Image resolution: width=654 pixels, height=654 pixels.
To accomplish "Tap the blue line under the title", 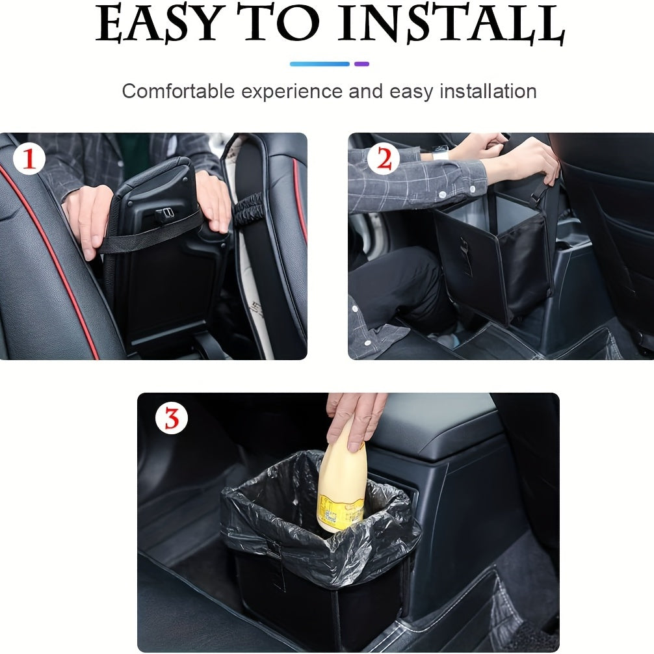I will click(x=319, y=64).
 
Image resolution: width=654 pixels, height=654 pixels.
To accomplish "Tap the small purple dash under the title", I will click(x=362, y=64).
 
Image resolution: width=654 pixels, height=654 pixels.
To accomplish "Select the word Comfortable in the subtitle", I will click(x=177, y=91).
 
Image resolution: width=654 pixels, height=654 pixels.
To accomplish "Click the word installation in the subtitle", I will click(x=488, y=91).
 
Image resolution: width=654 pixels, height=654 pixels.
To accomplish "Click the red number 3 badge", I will click(x=172, y=419).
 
